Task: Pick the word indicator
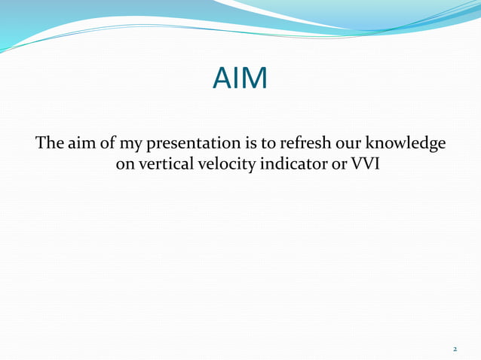pos(287,163)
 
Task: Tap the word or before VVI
pos(330,163)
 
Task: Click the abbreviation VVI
pos(355,163)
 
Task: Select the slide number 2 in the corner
pos(455,349)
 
